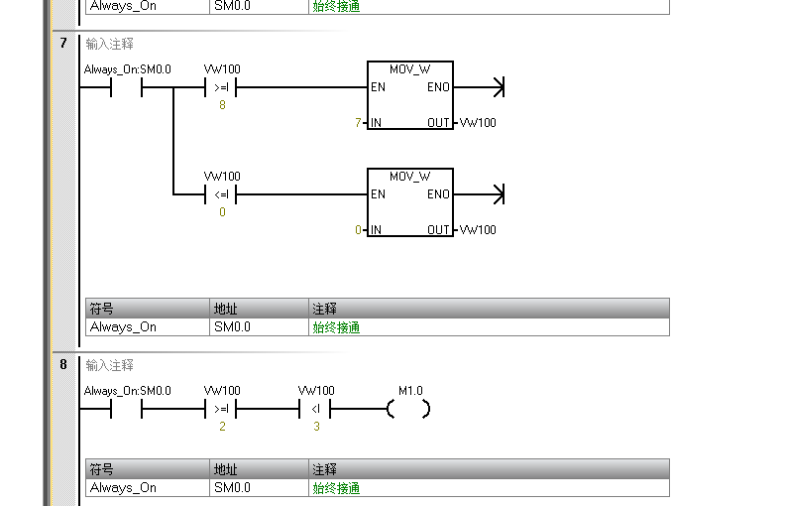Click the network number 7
click(63, 43)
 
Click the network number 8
click(63, 364)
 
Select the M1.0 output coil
click(409, 409)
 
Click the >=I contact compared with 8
click(221, 87)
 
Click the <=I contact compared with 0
click(221, 194)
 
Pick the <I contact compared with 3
click(315, 409)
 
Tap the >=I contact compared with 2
click(221, 409)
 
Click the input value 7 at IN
click(358, 123)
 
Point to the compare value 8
click(221, 105)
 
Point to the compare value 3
click(315, 427)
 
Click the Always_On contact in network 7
click(126, 87)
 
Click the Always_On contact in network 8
click(126, 409)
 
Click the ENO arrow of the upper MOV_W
click(497, 87)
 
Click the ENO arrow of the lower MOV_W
click(497, 194)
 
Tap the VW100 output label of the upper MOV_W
click(478, 123)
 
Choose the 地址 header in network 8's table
click(226, 469)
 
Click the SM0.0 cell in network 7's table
click(232, 326)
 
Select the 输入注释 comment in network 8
click(110, 365)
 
